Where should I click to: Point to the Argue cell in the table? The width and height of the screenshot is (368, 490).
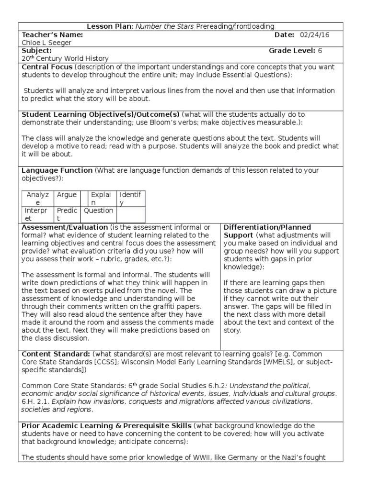point(67,195)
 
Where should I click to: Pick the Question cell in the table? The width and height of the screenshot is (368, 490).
point(99,211)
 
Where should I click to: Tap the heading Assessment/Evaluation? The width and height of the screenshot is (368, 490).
point(65,227)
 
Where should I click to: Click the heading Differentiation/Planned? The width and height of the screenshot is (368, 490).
point(267,227)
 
